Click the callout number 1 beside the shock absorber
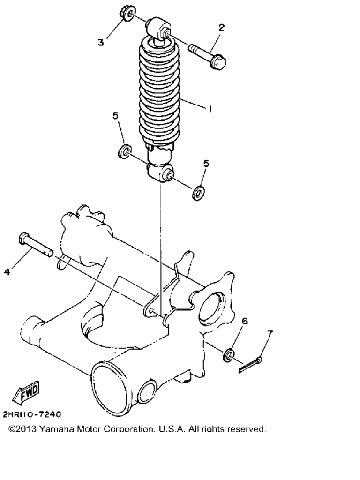tap(210, 109)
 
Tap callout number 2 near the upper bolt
tap(221, 28)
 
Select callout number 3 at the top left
tap(101, 42)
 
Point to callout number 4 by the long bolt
tap(7, 271)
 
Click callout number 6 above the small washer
tap(244, 321)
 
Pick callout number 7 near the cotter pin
tap(270, 334)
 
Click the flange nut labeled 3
tap(126, 14)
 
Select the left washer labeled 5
tap(125, 151)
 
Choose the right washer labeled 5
tap(199, 193)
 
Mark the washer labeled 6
tap(229, 354)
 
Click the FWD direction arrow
tap(26, 391)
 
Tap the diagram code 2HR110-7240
tap(32, 414)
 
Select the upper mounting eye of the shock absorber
tap(158, 30)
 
